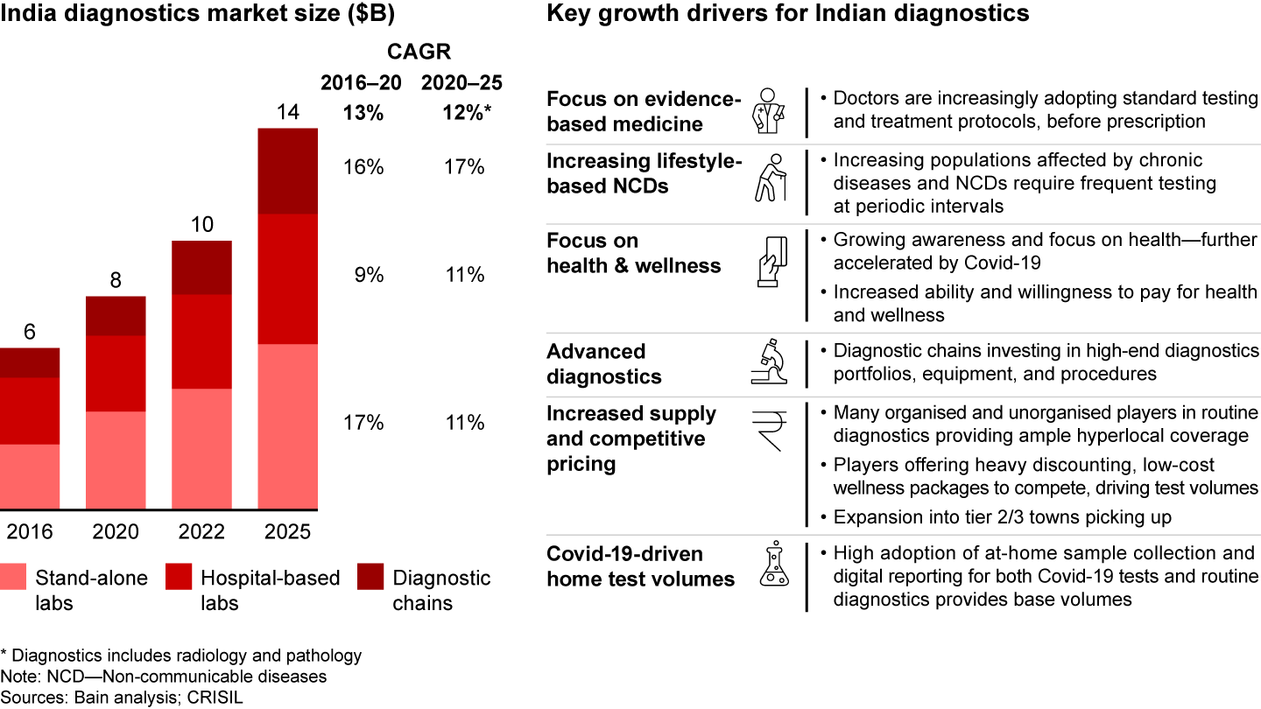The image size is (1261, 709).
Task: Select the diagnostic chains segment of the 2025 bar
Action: click(x=287, y=172)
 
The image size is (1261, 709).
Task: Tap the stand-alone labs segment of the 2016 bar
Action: click(x=30, y=476)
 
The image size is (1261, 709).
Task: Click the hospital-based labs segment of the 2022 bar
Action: click(x=201, y=341)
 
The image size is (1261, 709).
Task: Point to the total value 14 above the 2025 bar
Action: click(x=288, y=112)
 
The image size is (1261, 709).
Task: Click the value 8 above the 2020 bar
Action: click(x=115, y=280)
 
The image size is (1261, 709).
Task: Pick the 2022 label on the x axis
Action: click(x=201, y=531)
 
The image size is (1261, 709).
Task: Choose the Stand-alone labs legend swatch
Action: click(x=12, y=579)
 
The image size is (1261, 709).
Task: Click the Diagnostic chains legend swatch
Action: click(x=370, y=579)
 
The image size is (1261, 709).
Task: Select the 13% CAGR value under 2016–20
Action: click(x=363, y=112)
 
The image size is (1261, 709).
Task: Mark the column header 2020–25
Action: click(x=462, y=83)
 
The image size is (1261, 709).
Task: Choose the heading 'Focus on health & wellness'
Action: click(x=633, y=253)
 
